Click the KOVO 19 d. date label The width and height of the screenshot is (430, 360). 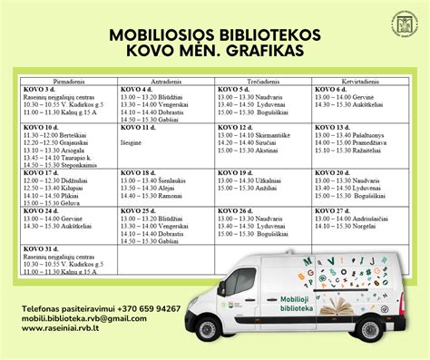(x=234, y=171)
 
